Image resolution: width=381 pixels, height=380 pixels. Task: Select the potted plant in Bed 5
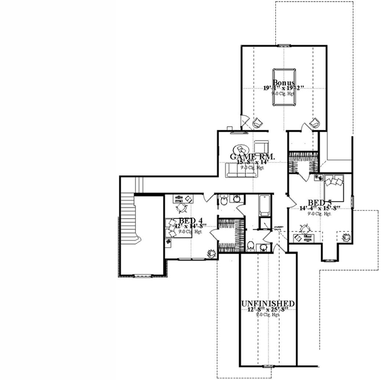point(347,237)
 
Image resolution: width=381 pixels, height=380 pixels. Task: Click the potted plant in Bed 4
point(211,253)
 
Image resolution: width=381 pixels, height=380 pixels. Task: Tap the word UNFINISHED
point(267,303)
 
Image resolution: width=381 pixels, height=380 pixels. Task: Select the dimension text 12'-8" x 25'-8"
point(268,310)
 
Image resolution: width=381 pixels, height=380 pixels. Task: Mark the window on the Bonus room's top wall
point(283,45)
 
